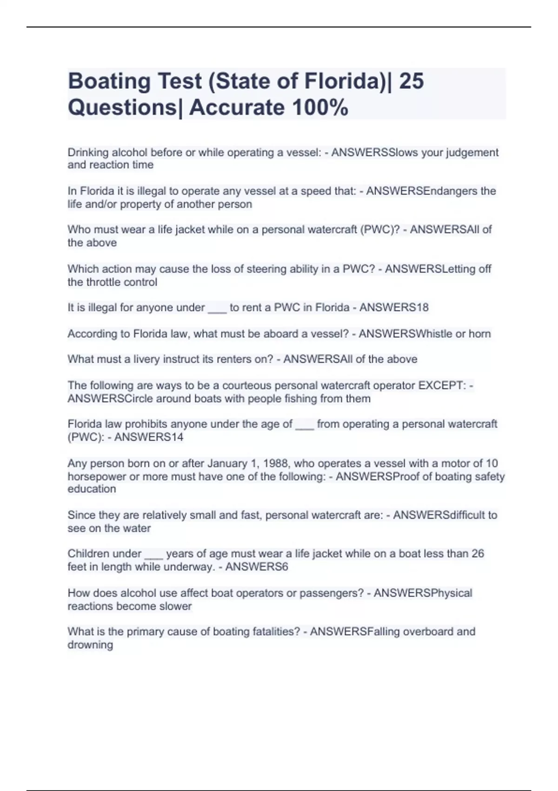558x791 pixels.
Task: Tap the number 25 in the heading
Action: [x=411, y=81]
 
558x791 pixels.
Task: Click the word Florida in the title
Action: [x=342, y=81]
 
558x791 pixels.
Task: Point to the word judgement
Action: [x=472, y=153]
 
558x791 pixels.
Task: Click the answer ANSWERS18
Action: [x=394, y=308]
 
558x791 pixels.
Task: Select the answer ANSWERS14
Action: [x=149, y=437]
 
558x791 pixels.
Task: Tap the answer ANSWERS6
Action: [x=256, y=567]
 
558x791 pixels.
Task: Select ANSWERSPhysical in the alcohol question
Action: [x=423, y=593]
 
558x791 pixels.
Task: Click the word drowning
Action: [x=90, y=645]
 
